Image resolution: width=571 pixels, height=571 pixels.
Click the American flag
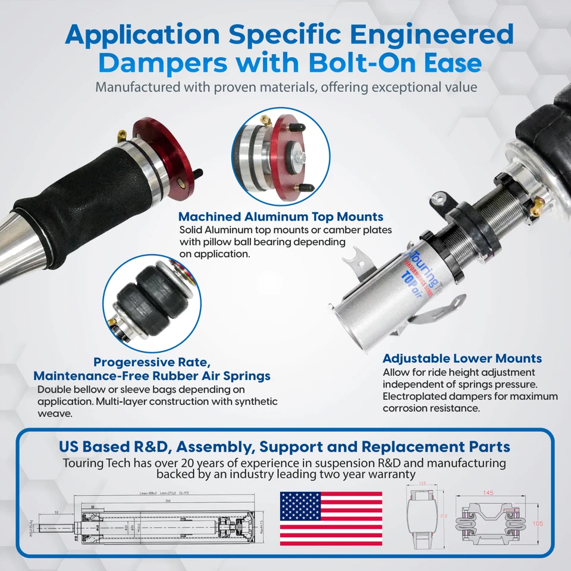click(x=331, y=518)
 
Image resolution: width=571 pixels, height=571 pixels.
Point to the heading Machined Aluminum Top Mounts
click(x=281, y=217)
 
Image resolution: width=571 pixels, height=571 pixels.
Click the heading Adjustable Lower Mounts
click(x=462, y=359)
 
